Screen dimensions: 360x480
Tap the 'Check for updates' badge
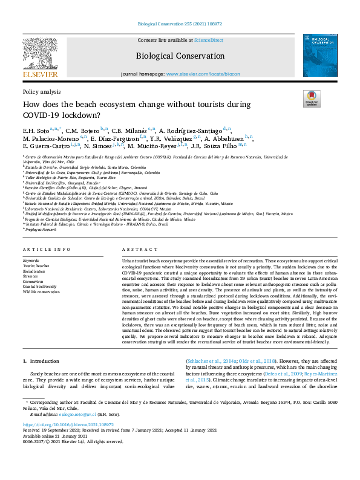tap(311, 99)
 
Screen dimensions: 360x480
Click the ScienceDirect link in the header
tap(208, 40)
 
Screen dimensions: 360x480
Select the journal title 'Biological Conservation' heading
tap(180, 56)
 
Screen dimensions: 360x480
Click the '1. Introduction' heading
tap(41, 361)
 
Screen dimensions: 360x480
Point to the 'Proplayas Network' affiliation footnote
tap(41, 230)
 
